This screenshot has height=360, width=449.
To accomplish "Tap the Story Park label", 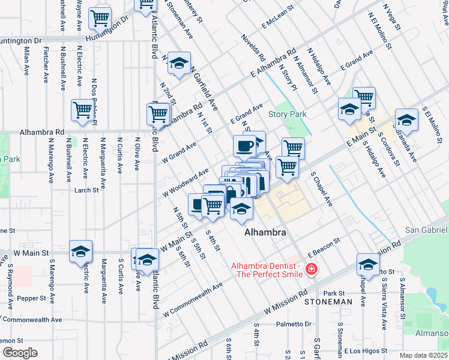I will tap(287, 114).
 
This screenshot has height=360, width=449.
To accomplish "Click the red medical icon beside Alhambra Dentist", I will tap(311, 269).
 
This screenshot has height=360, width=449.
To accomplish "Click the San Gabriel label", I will tap(426, 230).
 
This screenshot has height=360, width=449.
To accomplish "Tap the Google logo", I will tap(20, 352).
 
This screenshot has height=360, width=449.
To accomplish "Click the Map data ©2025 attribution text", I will tap(423, 355).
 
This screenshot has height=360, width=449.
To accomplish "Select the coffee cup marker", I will tap(244, 145).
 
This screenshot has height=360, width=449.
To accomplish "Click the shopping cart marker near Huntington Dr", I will tap(100, 17).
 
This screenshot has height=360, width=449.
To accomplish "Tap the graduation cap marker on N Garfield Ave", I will tap(178, 64).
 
